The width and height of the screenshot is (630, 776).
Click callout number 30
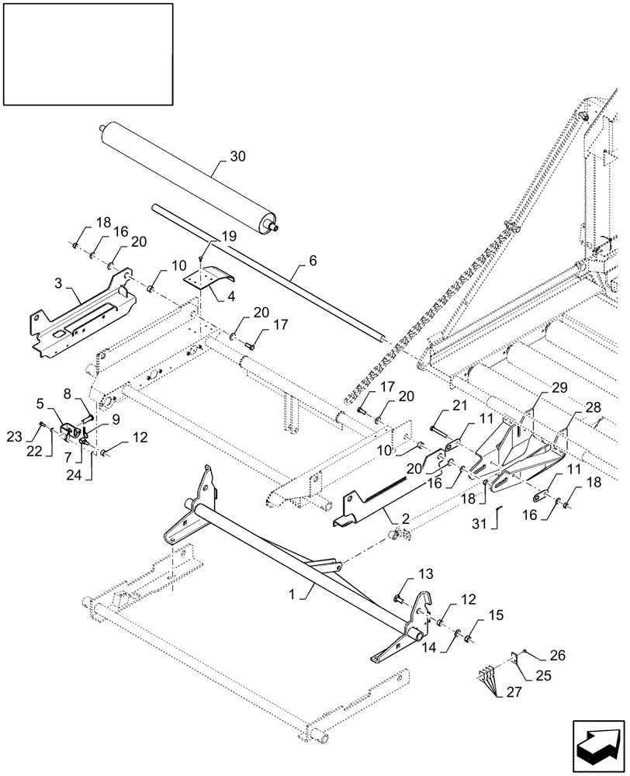237,156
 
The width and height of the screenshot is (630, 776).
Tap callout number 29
558,386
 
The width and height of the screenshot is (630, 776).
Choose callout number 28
594,406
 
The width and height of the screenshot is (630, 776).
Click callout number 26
559,656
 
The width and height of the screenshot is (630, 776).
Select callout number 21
459,406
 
